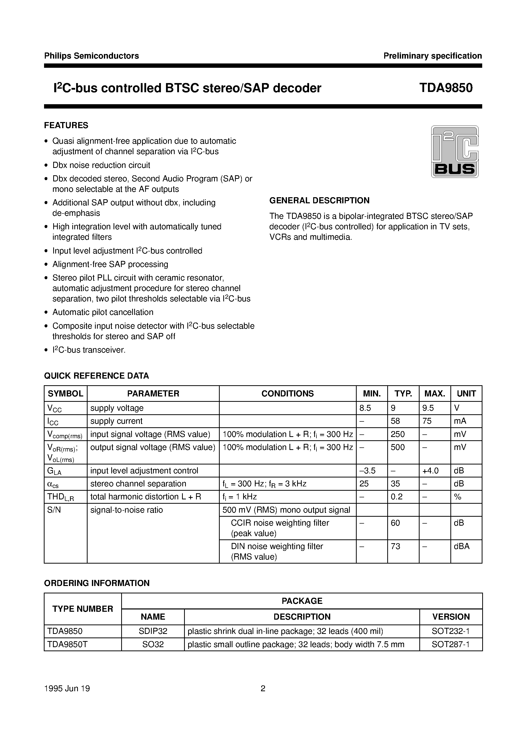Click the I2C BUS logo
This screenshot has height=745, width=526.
click(455, 152)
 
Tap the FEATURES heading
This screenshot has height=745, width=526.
click(66, 125)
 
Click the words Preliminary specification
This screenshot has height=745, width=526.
click(432, 56)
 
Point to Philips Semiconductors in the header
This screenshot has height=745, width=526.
click(91, 56)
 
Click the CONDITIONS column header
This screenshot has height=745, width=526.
click(287, 393)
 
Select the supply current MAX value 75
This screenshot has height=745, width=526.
click(427, 421)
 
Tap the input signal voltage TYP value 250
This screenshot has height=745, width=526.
click(398, 434)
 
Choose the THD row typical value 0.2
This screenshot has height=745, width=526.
click(396, 496)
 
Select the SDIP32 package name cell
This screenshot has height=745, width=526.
click(153, 631)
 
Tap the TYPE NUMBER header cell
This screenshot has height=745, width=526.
click(83, 609)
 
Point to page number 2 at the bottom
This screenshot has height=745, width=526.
click(263, 688)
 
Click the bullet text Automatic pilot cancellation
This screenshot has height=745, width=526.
click(103, 312)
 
